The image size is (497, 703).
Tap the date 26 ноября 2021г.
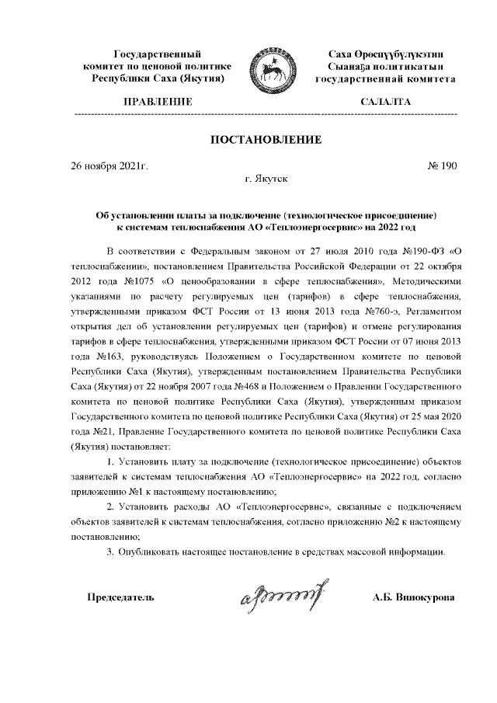pos(109,165)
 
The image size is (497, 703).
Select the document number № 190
pos(443,165)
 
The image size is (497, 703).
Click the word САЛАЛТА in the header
pos(386,102)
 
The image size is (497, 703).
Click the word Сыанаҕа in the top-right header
pos(349,67)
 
